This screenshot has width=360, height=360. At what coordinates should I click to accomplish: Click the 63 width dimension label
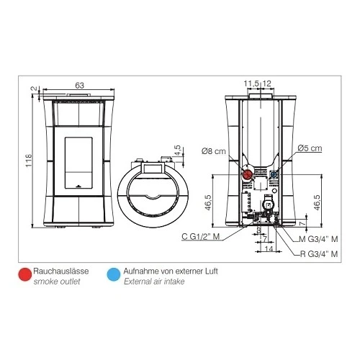click(79, 85)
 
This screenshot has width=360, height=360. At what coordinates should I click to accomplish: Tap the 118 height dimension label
click(29, 161)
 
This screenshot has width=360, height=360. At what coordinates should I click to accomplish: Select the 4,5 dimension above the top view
click(178, 150)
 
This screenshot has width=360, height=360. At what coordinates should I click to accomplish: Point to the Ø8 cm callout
click(214, 151)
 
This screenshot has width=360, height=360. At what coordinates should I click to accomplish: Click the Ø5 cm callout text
click(310, 148)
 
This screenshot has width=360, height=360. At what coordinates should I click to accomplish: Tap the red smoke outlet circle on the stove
click(248, 175)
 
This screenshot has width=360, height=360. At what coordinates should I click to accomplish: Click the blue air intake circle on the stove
click(274, 174)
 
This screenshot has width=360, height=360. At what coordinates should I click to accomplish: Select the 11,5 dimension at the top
click(251, 84)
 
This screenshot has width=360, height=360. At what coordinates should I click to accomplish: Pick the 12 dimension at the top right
click(266, 84)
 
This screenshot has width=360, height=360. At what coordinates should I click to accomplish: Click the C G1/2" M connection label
click(201, 236)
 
